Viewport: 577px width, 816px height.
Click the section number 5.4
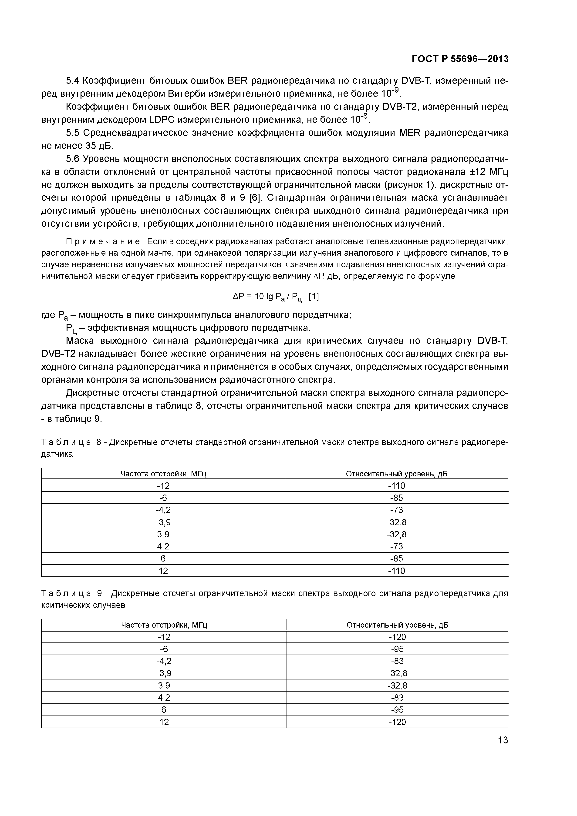pyautogui.click(x=74, y=81)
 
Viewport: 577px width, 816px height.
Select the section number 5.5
pyautogui.click(x=74, y=133)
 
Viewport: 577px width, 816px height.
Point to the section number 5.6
pyautogui.click(x=74, y=159)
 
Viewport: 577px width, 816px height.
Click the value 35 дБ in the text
pyautogui.click(x=98, y=146)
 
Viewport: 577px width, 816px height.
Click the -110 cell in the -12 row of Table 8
pyautogui.click(x=396, y=486)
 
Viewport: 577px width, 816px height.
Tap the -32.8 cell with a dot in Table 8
pyautogui.click(x=396, y=522)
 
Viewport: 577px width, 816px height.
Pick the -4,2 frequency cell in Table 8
pyautogui.click(x=163, y=510)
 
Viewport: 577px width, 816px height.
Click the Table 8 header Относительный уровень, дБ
pyautogui.click(x=396, y=474)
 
